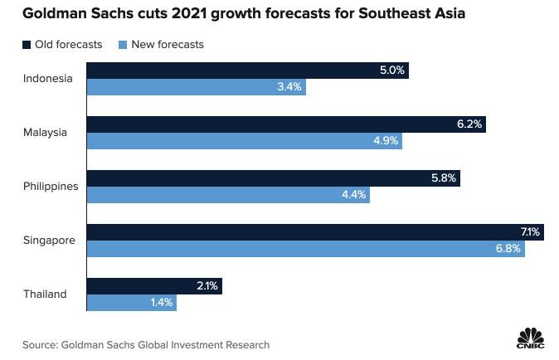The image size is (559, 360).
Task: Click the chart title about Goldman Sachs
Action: point(234,13)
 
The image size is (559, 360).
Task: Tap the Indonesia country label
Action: point(48,79)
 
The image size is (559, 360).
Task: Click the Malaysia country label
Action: point(46,133)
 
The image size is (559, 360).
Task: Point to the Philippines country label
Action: point(51,187)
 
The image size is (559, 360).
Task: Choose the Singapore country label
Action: point(49,241)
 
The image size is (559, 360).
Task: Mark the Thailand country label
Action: point(46,294)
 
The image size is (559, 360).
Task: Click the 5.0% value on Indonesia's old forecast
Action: point(391,71)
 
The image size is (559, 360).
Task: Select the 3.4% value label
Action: point(289,87)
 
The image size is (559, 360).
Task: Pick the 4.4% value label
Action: point(352,195)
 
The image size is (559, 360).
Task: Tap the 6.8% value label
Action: point(508,249)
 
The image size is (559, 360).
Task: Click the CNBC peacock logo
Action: point(529,339)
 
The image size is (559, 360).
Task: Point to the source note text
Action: point(145,344)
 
